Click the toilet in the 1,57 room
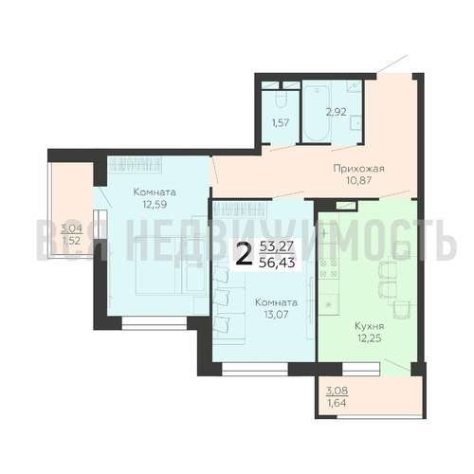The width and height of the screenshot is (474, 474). coord(281,100)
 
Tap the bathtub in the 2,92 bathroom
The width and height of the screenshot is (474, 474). coord(317,113)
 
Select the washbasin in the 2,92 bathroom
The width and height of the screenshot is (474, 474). coord(355,123)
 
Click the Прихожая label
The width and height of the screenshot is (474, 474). coord(358,168)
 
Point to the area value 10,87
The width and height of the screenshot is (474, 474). coord(358,180)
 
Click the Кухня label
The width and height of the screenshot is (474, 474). coord(369,326)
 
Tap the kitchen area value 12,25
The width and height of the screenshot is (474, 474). coord(369,338)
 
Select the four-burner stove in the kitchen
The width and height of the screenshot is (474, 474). coord(329,268)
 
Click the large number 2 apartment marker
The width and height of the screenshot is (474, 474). coord(245,256)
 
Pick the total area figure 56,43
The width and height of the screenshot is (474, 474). coord(277,263)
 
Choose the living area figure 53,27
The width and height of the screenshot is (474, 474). coord(277,246)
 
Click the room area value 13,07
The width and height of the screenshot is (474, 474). coord(276,315)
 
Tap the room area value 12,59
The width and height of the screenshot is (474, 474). coord(155,204)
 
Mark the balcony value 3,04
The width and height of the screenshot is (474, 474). coord(71,228)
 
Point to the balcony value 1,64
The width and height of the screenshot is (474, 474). coord(337,403)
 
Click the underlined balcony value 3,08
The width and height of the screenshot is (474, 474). coord(337,391)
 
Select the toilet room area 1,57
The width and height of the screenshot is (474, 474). coord(281,122)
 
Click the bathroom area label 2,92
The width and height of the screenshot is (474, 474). coord(337,112)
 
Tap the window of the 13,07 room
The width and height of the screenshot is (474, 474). coord(255,369)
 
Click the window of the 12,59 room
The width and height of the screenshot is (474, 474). coord(155,323)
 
